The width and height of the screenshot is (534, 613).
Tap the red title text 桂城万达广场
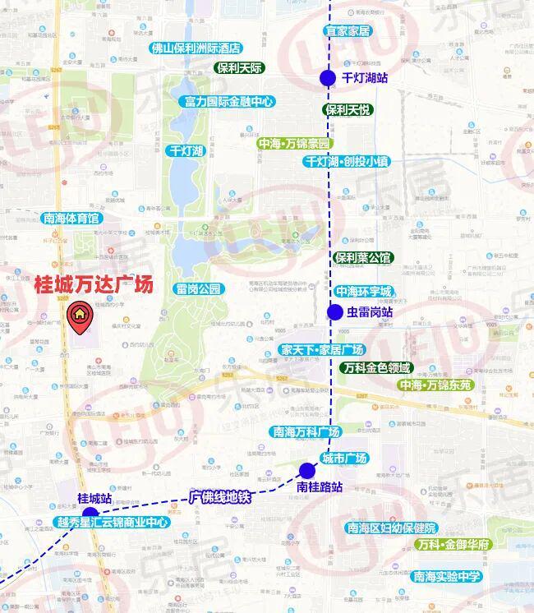93,285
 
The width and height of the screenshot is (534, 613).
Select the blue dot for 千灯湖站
327,79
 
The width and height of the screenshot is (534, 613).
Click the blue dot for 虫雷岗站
334,312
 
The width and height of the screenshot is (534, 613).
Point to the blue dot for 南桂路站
307,471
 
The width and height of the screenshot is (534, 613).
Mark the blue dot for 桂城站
90,513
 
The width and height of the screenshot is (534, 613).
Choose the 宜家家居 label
348,31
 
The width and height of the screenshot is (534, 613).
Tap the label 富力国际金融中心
229,102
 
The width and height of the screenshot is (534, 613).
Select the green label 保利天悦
348,109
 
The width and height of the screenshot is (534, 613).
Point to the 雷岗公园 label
199,289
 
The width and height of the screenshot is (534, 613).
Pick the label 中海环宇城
362,292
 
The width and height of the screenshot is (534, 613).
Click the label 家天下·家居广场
322,350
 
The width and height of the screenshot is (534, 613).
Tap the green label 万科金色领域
378,367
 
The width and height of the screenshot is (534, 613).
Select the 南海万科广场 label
306,432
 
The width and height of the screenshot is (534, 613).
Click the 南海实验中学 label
447,576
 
